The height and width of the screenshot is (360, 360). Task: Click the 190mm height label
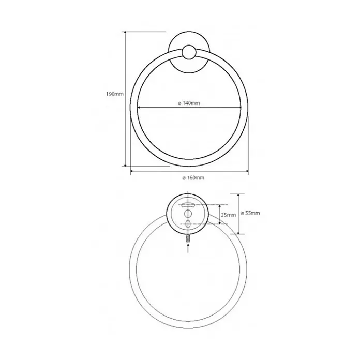114,94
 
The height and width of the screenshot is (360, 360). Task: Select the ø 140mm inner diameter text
189,103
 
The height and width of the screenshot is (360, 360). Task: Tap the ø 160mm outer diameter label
193,178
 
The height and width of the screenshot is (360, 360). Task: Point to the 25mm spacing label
229,215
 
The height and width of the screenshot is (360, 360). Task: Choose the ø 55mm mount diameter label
250,213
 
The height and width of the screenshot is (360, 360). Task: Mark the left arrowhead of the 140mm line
139,107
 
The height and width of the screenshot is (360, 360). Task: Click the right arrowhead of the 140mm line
239,107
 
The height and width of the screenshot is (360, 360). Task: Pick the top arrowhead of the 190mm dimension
125,33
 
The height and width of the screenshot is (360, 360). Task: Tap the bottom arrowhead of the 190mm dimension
125,164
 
